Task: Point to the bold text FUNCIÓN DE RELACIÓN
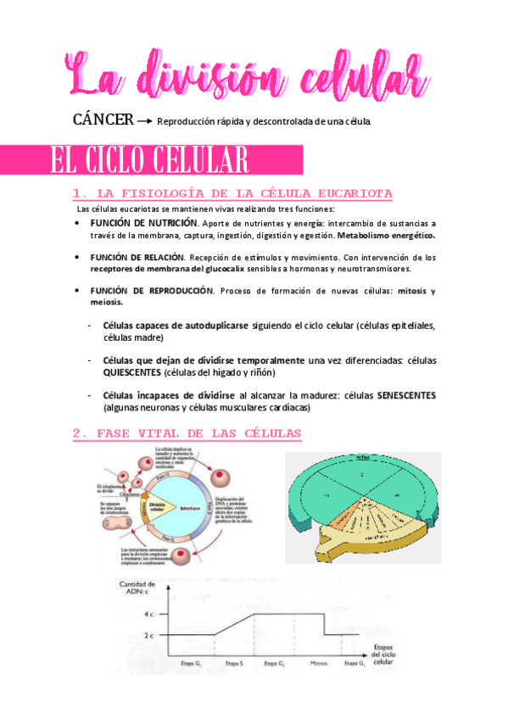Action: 136,257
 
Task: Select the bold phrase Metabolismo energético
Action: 386,235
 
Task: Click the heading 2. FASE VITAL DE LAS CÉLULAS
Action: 187,433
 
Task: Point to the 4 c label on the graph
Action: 149,613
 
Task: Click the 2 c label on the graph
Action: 149,634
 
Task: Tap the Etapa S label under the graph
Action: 235,663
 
